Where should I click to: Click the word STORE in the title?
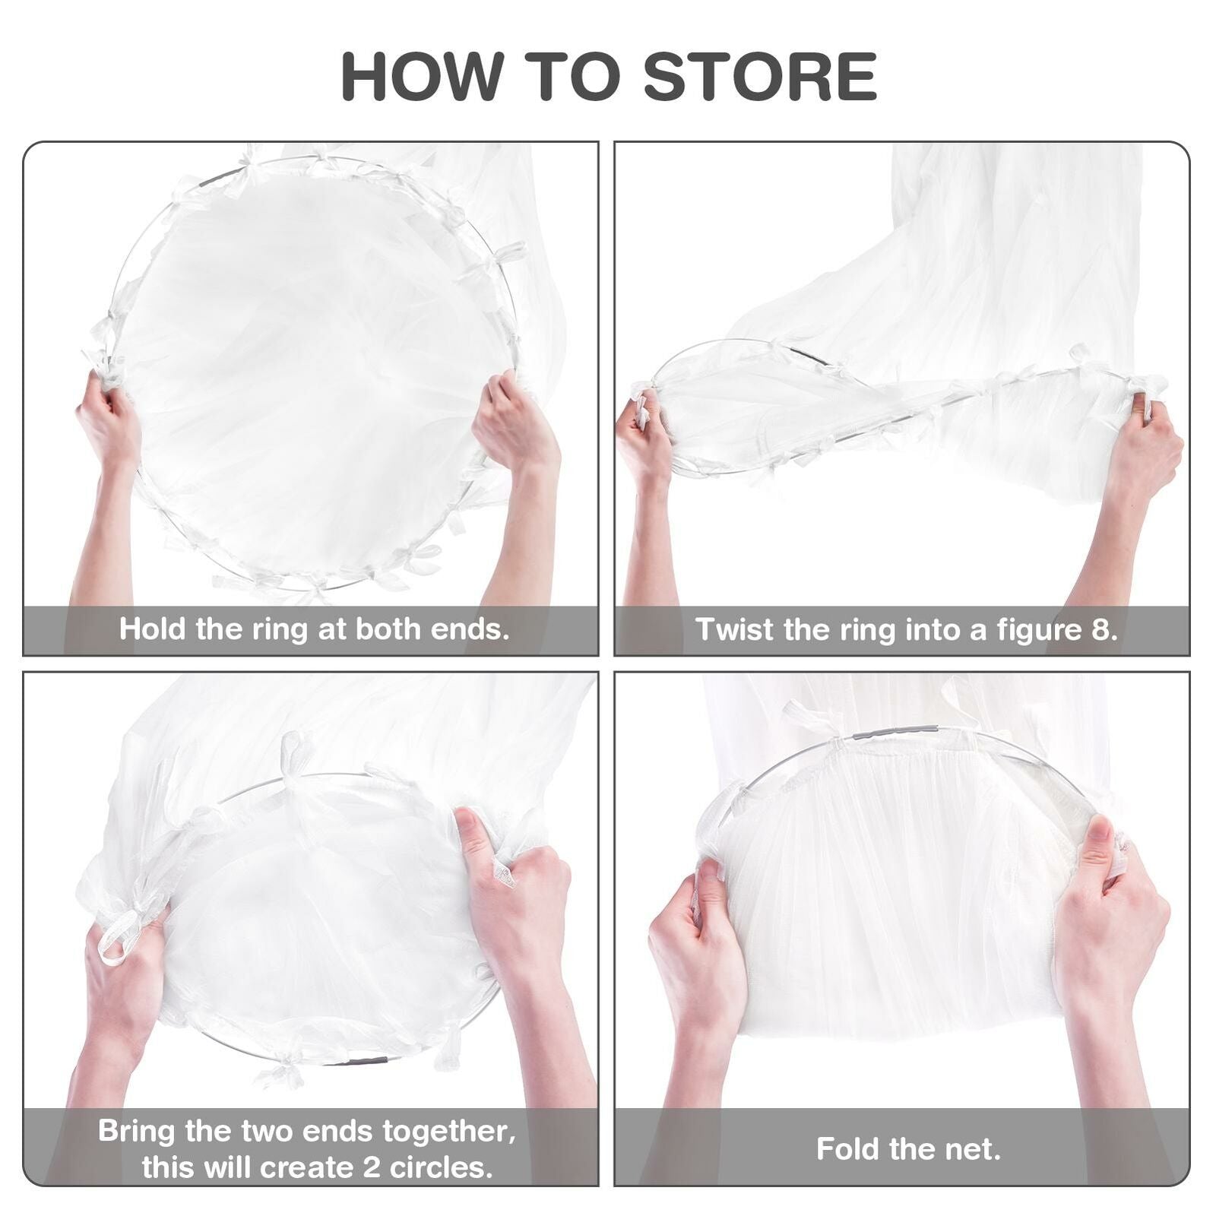pyautogui.click(x=761, y=76)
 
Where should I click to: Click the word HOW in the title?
pyautogui.click(x=423, y=76)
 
